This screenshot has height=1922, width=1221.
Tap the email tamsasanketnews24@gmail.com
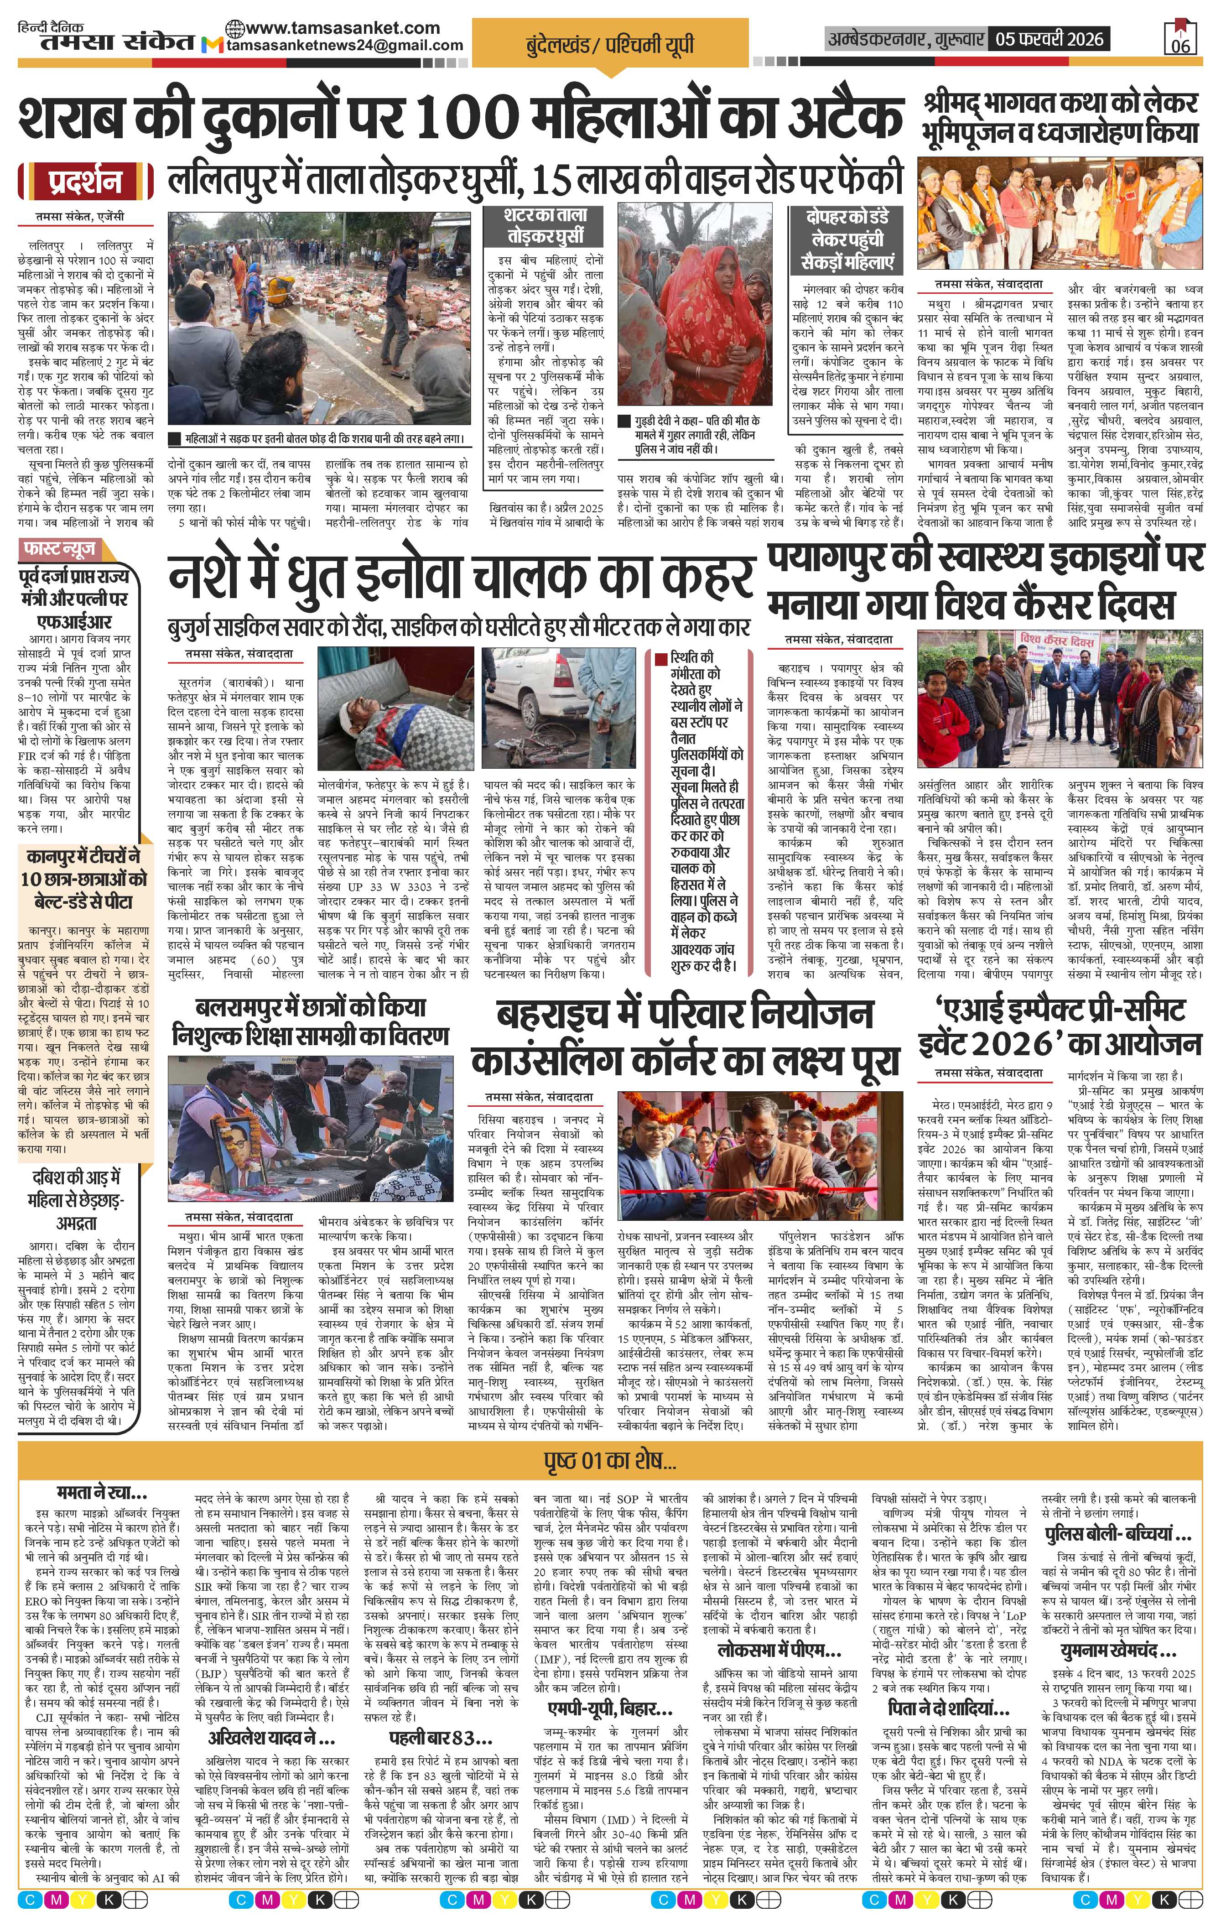point(345,46)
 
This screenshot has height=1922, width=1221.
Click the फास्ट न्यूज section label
point(61,548)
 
